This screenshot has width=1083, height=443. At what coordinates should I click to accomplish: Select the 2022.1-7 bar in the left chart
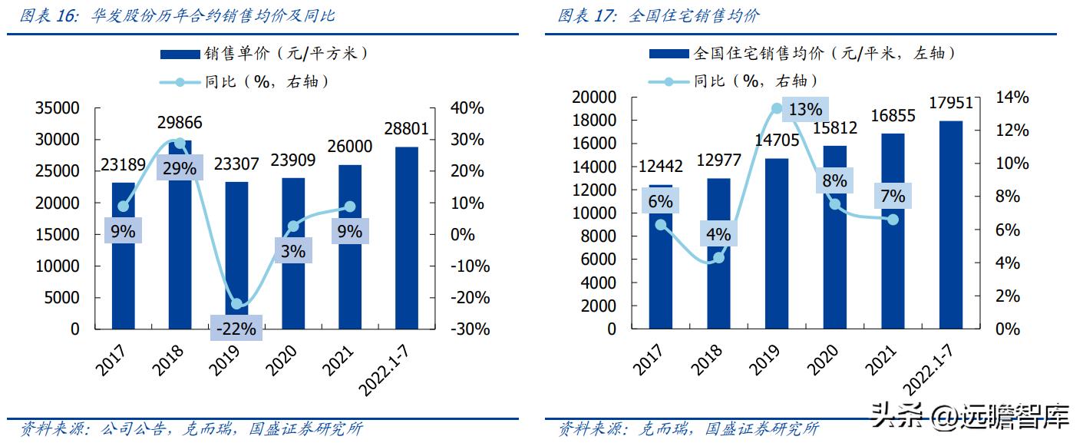(x=406, y=237)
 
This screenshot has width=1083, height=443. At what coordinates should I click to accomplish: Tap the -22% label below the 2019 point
(x=236, y=329)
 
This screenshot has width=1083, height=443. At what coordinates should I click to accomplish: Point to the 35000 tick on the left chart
(x=58, y=108)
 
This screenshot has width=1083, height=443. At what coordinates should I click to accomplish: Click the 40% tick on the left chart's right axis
(x=467, y=108)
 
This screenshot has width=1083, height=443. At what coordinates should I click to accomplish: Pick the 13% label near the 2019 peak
(x=804, y=110)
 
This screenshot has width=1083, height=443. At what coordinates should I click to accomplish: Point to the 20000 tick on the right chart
(x=594, y=98)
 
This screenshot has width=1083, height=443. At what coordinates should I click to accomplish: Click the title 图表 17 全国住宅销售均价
(x=659, y=15)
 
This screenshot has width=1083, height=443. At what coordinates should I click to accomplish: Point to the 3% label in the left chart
(x=292, y=251)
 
